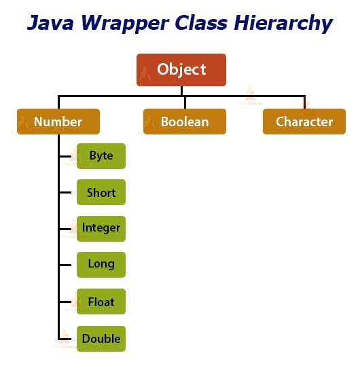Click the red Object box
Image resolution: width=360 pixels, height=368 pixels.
coord(181,70)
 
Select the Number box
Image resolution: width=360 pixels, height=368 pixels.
coord(58,122)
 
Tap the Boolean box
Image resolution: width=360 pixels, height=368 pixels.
coord(184,122)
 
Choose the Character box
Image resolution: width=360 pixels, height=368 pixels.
coord(304,122)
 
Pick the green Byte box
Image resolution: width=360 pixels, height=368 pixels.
coord(101,156)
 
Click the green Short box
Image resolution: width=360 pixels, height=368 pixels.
coord(101,193)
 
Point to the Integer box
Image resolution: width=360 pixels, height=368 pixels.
coord(101,227)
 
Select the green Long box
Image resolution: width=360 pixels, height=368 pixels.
coord(101,264)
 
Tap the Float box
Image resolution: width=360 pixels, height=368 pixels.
coord(101,301)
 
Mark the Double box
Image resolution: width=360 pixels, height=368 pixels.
coord(101,338)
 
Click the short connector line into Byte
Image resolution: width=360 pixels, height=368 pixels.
coord(68,156)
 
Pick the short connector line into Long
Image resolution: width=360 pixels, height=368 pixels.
coord(68,264)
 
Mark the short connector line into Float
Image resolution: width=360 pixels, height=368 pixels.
coord(68,301)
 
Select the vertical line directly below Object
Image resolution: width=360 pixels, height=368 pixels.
coord(181,90)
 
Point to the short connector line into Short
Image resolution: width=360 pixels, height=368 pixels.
coord(68,193)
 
